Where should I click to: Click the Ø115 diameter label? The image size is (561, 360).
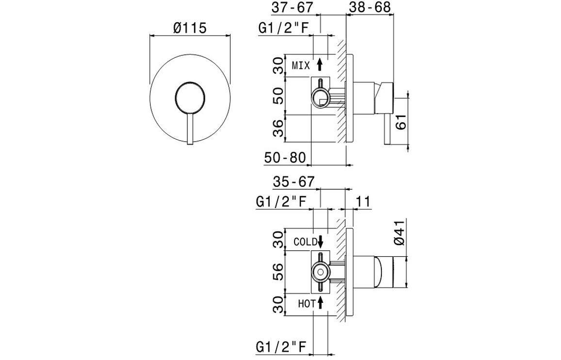190,28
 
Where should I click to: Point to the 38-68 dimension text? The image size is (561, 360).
370,8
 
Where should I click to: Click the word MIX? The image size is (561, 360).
300,65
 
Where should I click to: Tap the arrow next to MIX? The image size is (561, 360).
319,65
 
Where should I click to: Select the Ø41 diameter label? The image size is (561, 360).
400,232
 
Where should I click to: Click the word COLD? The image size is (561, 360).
305,241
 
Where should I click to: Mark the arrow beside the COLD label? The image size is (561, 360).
320,241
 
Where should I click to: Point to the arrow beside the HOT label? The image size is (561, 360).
320,304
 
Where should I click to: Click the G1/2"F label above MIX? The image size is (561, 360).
283,28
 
